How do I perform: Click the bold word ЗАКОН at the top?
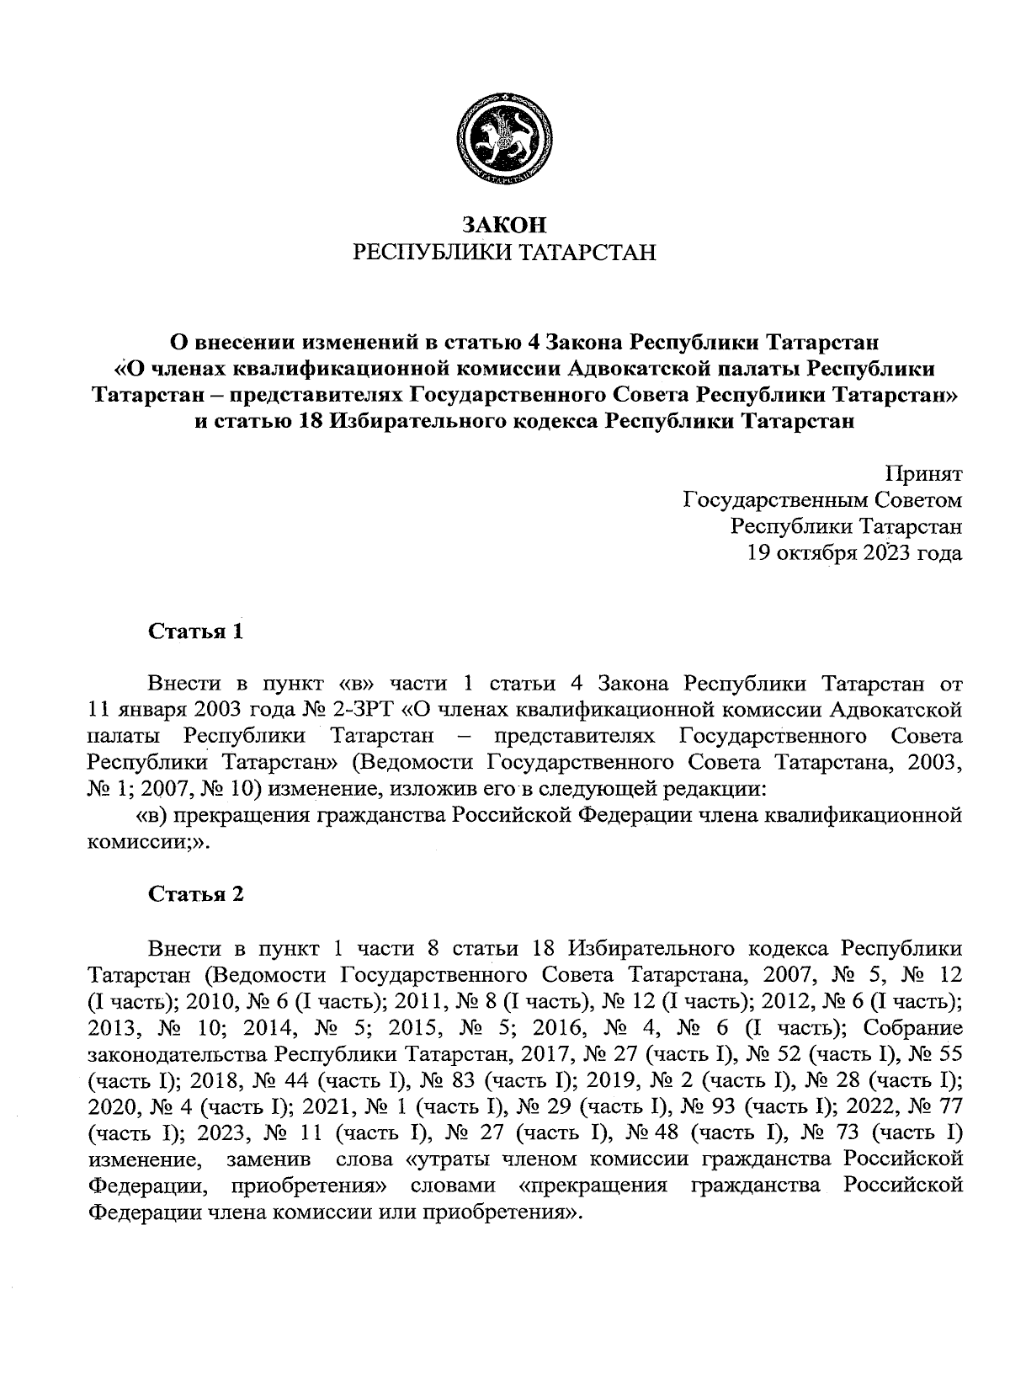click(x=505, y=224)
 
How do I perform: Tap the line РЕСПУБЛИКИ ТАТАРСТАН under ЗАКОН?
click(x=505, y=252)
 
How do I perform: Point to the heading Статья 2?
click(x=196, y=894)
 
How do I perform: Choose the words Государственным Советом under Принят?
click(x=821, y=500)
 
